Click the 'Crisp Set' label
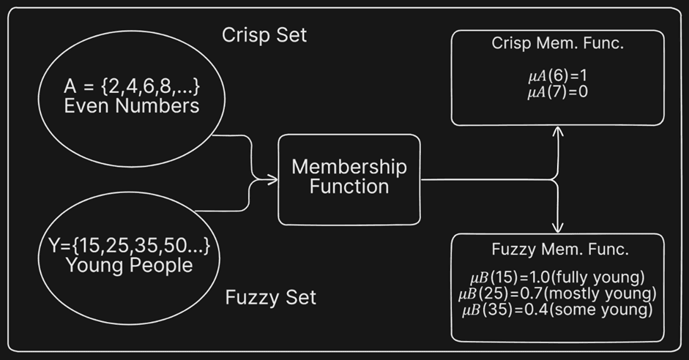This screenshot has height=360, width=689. [x=264, y=34]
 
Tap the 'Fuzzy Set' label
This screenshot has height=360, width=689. [x=271, y=298]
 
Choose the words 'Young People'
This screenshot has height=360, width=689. [x=130, y=265]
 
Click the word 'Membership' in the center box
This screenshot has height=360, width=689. [x=349, y=166]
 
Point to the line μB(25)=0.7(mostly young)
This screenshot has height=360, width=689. [x=559, y=295]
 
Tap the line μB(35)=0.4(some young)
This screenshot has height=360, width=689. [x=559, y=310]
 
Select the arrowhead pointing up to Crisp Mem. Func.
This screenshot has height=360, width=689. [x=559, y=132]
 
